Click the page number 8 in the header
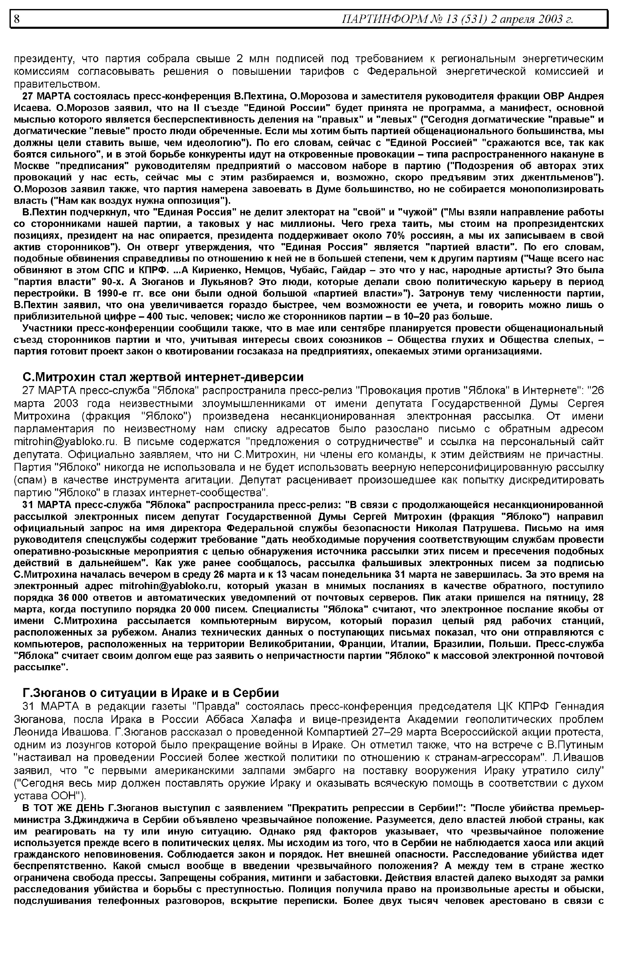pyautogui.click(x=17, y=19)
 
